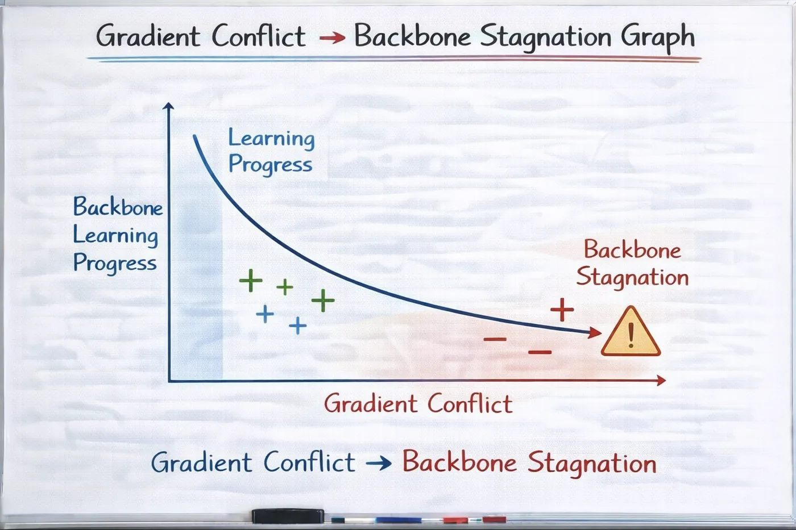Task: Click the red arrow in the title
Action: pyautogui.click(x=332, y=37)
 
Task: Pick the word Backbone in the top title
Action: pyautogui.click(x=412, y=35)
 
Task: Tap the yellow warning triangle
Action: pyautogui.click(x=631, y=331)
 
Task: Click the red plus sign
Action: pyautogui.click(x=562, y=310)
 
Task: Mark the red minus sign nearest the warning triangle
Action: pyautogui.click(x=540, y=352)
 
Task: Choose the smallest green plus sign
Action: pyautogui.click(x=285, y=287)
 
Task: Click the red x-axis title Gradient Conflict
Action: pyautogui.click(x=418, y=404)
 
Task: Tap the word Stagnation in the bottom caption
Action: pyautogui.click(x=592, y=464)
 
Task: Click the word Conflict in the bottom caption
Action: pyautogui.click(x=309, y=462)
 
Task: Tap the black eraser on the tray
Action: pyautogui.click(x=288, y=516)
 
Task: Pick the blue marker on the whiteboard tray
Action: pyautogui.click(x=398, y=520)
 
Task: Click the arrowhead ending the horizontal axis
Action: pyautogui.click(x=661, y=381)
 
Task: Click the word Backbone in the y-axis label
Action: pyautogui.click(x=118, y=207)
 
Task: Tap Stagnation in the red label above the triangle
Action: pyautogui.click(x=632, y=278)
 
